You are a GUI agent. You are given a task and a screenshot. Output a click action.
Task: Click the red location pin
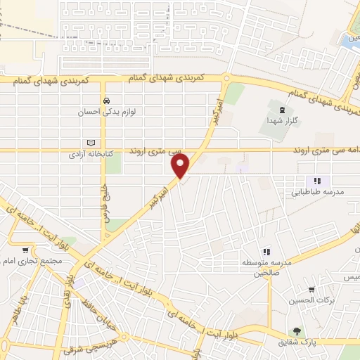coord(181,167)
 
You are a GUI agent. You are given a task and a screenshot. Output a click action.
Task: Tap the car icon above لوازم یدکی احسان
coord(105,101)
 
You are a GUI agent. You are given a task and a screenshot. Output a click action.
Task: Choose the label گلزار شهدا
coord(283,121)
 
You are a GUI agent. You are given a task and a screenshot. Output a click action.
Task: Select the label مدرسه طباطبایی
coord(319,191)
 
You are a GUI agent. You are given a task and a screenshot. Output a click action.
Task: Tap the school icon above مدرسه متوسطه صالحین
coord(266,251)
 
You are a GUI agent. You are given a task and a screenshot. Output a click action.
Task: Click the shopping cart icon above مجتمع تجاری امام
coord(26,250)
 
